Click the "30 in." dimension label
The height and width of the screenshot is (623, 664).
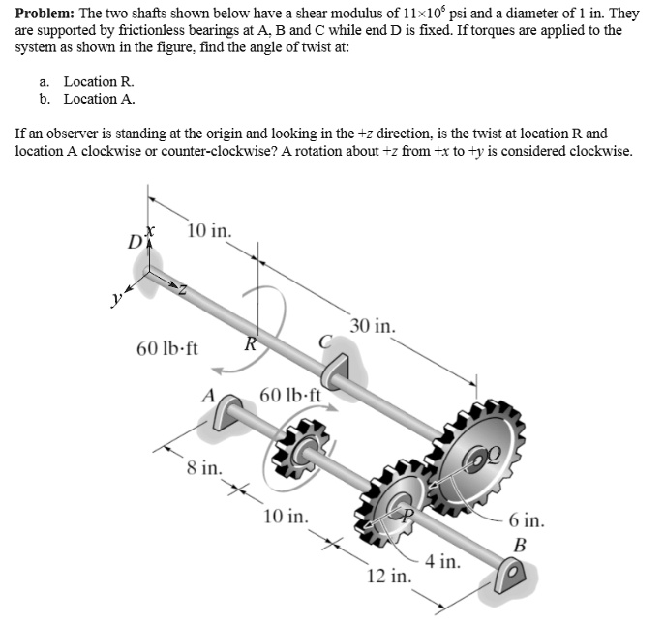(x=373, y=327)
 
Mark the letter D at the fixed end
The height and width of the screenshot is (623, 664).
(x=134, y=241)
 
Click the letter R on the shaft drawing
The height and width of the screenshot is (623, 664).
(x=250, y=342)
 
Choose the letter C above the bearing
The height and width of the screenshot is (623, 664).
(x=326, y=340)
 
